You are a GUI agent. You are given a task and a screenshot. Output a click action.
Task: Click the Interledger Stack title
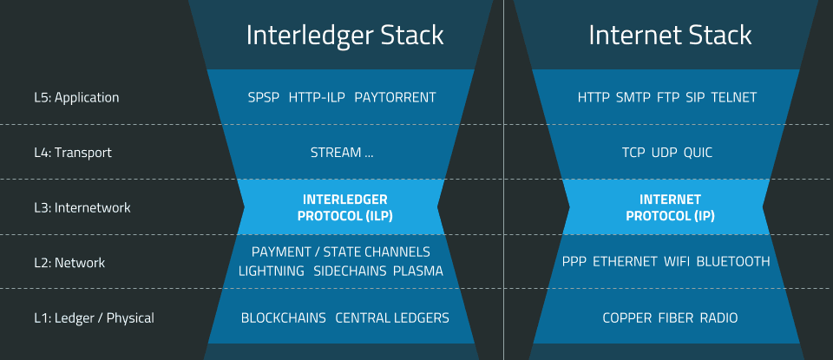pyautogui.click(x=344, y=35)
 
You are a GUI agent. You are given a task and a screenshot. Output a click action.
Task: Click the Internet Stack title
pyautogui.click(x=670, y=35)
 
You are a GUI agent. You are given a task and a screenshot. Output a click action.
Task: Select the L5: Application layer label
pyautogui.click(x=75, y=97)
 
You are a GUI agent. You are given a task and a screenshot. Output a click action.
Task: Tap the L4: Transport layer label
pyautogui.click(x=72, y=153)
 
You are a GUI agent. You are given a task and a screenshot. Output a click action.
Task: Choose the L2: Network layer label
pyautogui.click(x=69, y=263)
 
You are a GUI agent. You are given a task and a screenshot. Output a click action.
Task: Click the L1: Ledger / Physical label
pyautogui.click(x=94, y=318)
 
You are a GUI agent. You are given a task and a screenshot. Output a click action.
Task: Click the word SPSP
pyautogui.click(x=264, y=97)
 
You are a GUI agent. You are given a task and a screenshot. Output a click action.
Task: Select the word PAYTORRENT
pyautogui.click(x=395, y=97)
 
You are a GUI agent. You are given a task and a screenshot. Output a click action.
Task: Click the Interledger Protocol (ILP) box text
pyautogui.click(x=344, y=208)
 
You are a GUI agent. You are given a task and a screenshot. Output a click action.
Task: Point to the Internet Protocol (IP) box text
pyautogui.click(x=670, y=208)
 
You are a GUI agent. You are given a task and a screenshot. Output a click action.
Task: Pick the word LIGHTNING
pyautogui.click(x=272, y=272)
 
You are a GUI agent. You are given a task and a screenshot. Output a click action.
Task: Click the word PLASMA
pyautogui.click(x=418, y=272)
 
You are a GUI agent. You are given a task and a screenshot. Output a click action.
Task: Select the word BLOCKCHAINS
pyautogui.click(x=284, y=318)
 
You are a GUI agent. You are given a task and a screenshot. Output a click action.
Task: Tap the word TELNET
pyautogui.click(x=734, y=97)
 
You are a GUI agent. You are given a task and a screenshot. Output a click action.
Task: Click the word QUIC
pyautogui.click(x=698, y=153)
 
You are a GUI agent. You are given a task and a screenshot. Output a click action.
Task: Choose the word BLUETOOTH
pyautogui.click(x=733, y=262)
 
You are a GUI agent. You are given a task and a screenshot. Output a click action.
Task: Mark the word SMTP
pyautogui.click(x=633, y=97)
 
